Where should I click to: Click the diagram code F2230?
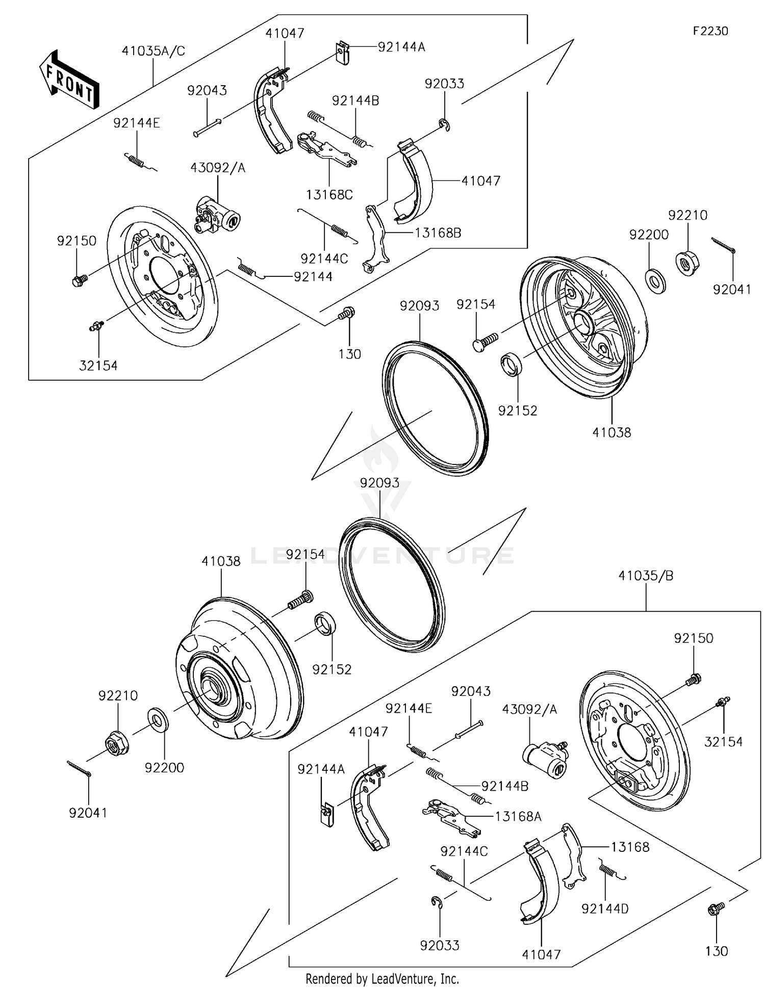tap(710, 31)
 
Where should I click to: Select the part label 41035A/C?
tap(153, 51)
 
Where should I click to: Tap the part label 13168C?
tap(329, 195)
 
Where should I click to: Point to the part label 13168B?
tap(438, 233)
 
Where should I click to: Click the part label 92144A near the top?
tap(401, 47)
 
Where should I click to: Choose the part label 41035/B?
tap(646, 576)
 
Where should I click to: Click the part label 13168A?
tap(518, 817)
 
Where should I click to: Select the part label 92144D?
tap(605, 908)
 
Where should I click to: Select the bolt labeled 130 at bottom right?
tap(715, 909)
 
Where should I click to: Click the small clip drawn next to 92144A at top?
tap(343, 53)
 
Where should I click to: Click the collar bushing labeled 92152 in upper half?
tap(510, 364)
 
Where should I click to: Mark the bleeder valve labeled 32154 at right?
tap(722, 702)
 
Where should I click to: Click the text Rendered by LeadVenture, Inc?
tap(382, 978)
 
